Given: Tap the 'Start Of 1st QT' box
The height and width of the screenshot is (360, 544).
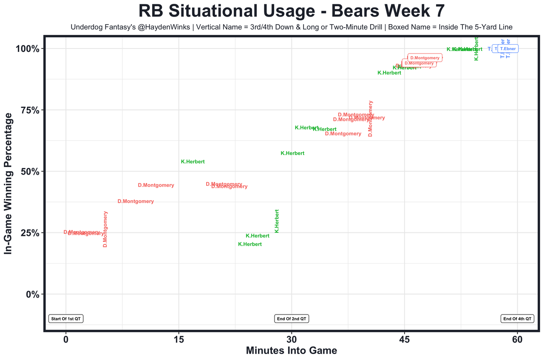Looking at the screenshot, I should (66, 319).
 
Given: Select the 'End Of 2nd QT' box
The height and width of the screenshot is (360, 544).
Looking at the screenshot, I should (292, 319).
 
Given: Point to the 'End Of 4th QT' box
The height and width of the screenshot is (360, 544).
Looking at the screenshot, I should (517, 319).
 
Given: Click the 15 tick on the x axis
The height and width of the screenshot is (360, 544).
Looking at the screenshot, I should (178, 340).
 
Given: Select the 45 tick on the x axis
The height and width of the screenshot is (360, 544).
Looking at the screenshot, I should (404, 340).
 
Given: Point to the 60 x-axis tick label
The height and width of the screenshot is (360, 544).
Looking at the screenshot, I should (517, 340).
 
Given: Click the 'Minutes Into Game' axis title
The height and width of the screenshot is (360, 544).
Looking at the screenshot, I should (292, 351).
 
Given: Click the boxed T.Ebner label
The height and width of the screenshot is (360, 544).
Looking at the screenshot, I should (508, 49).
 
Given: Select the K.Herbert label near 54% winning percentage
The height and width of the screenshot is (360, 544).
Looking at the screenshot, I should (193, 162).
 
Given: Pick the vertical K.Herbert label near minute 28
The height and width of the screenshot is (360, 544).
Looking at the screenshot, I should (277, 221).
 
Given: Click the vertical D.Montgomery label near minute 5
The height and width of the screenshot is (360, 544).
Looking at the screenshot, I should (105, 229).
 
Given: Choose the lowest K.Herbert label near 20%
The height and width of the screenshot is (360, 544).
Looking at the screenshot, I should (250, 244).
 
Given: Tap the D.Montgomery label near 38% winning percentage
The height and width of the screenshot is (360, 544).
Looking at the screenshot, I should (136, 201).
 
